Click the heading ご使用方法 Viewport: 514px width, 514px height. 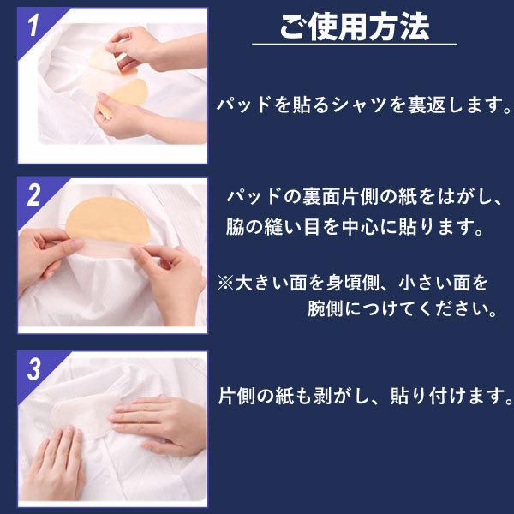(354, 27)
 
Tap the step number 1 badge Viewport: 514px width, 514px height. (32, 26)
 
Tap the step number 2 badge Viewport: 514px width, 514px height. (33, 196)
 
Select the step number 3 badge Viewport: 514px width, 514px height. (33, 370)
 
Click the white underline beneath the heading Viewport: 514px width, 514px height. (354, 45)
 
